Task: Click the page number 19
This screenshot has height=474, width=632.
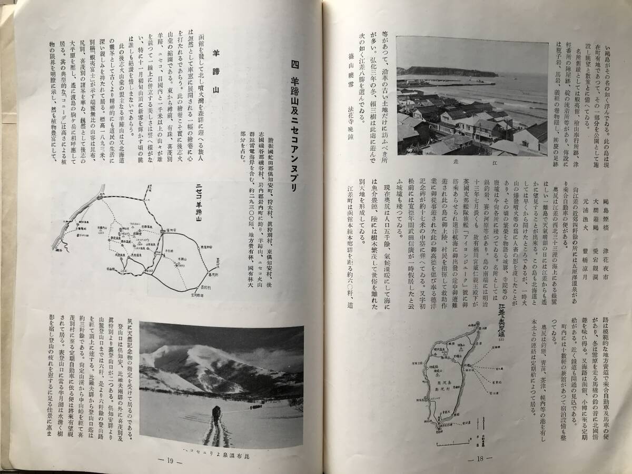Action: tap(170, 460)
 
